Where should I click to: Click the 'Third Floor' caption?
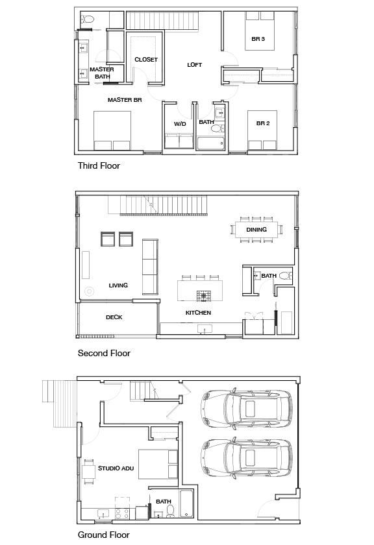(x=99, y=165)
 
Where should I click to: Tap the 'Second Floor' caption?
(x=104, y=353)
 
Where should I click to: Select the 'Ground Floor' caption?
(x=103, y=535)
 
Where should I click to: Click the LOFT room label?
(x=194, y=65)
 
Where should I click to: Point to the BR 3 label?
(x=258, y=39)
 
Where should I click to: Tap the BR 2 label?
(x=262, y=123)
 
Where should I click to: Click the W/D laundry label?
(x=180, y=123)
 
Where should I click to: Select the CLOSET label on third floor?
(x=146, y=60)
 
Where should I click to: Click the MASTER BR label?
(x=125, y=100)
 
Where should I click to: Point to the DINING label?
(x=256, y=230)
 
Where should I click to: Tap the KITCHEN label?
(x=198, y=313)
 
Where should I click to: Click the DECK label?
(x=114, y=317)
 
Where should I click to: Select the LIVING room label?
(x=118, y=285)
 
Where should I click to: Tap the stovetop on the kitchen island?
(x=205, y=296)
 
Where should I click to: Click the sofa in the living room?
(x=149, y=266)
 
